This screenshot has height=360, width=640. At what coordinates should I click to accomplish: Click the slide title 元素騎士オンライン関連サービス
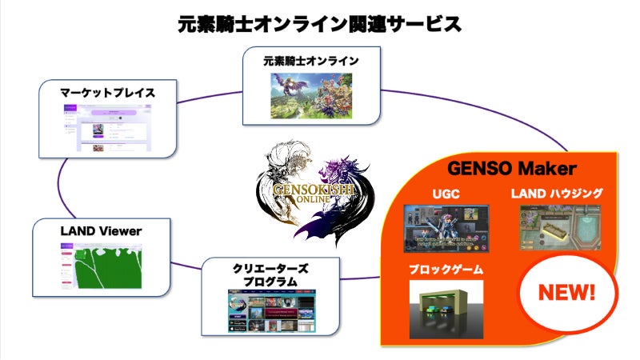click(320, 24)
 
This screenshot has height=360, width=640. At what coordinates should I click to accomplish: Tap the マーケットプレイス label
click(107, 93)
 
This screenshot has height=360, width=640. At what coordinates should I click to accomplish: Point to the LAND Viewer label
click(101, 231)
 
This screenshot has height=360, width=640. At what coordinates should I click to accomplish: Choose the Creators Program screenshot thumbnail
click(271, 312)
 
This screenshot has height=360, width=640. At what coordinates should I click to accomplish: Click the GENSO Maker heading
click(512, 170)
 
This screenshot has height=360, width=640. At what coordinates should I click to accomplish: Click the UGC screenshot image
click(444, 229)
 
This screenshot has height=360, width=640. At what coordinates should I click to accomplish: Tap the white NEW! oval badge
click(570, 292)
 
